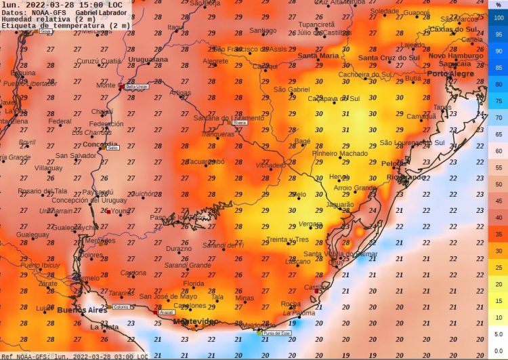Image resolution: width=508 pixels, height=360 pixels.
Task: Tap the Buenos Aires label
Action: click(x=82, y=310)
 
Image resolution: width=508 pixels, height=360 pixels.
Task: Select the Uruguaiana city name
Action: click(x=147, y=60)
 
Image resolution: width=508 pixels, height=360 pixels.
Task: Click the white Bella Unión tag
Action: click(x=137, y=87)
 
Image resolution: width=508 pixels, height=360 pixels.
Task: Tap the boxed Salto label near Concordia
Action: click(x=112, y=147)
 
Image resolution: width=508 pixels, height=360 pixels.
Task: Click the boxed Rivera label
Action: click(x=239, y=123)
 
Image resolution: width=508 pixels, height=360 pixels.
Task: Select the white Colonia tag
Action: click(x=121, y=307)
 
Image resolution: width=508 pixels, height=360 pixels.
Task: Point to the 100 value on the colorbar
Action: click(x=499, y=18)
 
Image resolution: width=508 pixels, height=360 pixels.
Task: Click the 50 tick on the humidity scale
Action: click(x=499, y=184)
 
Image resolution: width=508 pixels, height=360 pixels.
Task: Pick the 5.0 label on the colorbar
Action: click(x=499, y=334)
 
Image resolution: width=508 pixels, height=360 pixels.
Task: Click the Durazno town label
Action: click(x=179, y=249)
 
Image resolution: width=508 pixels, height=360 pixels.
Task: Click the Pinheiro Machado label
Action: click(x=340, y=153)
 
